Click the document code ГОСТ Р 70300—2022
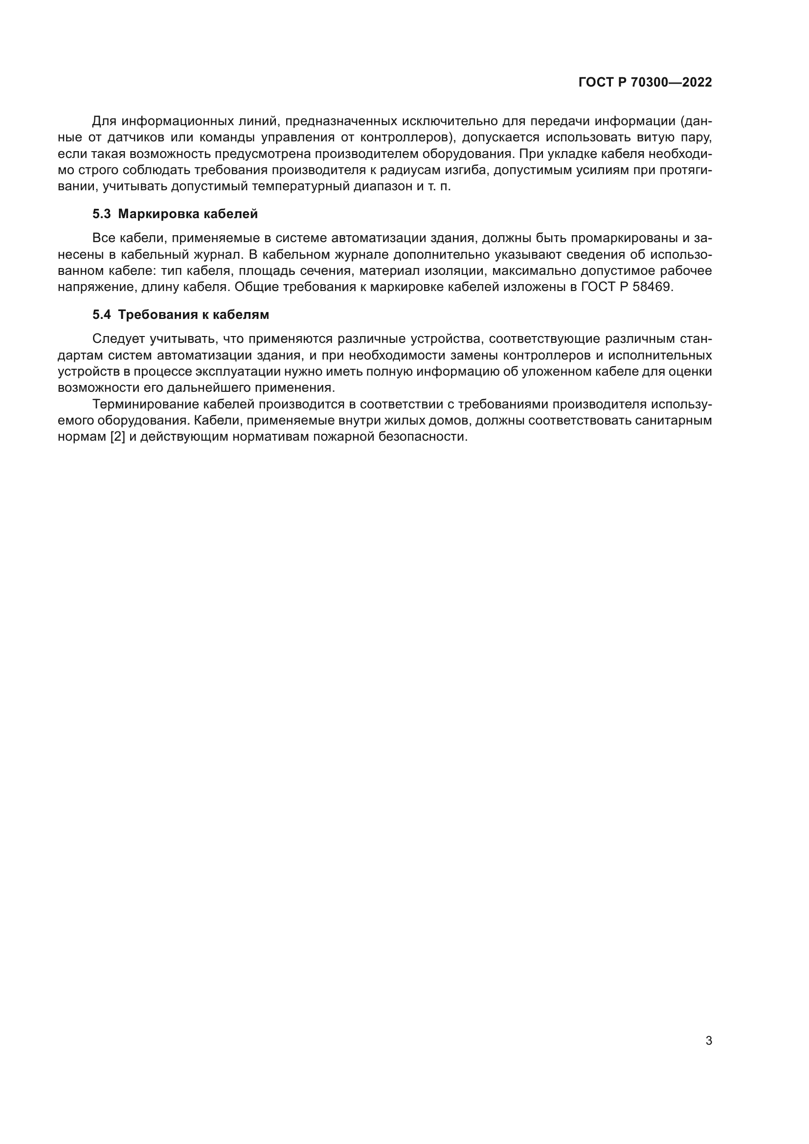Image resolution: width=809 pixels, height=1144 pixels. tap(645, 82)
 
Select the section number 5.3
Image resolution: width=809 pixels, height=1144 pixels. tap(102, 214)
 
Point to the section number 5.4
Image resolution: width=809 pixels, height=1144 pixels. tap(102, 315)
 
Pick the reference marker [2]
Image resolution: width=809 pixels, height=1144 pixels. tap(117, 437)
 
